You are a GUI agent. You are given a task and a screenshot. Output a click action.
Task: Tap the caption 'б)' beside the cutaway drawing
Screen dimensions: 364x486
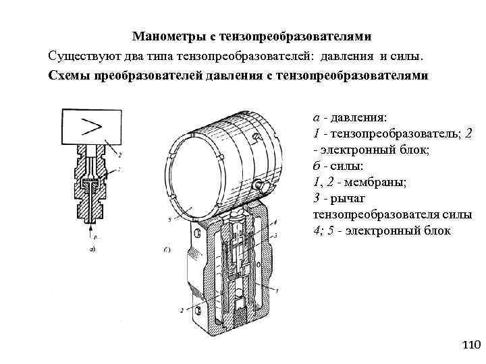click(x=167, y=250)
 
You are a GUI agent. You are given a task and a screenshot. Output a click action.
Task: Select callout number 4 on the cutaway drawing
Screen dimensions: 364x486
click(x=275, y=222)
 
